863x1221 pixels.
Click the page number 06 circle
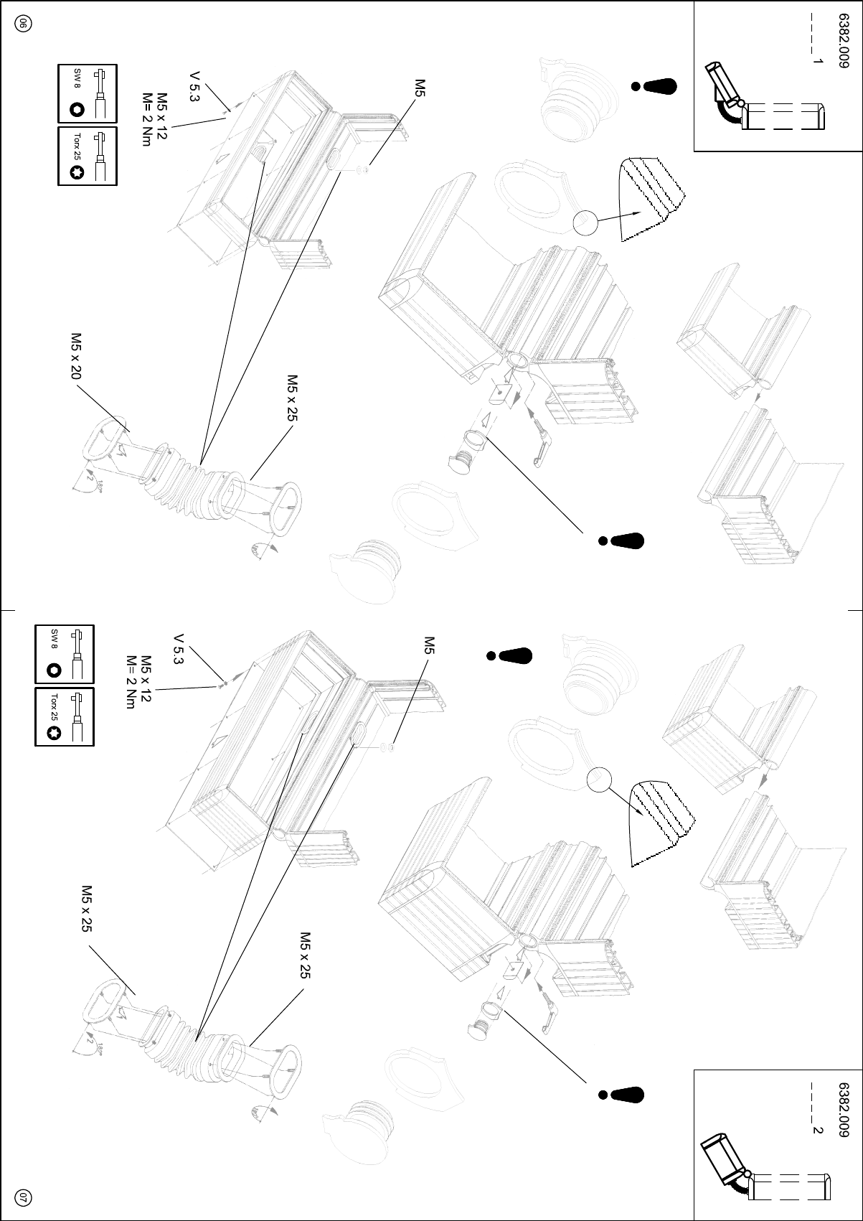coord(22,23)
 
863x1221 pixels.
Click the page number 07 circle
coord(22,1197)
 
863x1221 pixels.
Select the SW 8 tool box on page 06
coord(87,93)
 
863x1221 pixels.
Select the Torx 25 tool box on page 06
coord(87,156)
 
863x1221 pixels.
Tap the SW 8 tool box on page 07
coord(65,654)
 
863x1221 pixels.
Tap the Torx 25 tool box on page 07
coord(65,716)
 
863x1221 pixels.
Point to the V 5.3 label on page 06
coord(194,86)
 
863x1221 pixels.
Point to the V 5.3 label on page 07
coord(179,650)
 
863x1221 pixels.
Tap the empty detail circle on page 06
coord(585,223)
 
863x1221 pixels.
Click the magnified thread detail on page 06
coord(653,197)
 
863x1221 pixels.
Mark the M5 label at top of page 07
coord(429,645)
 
